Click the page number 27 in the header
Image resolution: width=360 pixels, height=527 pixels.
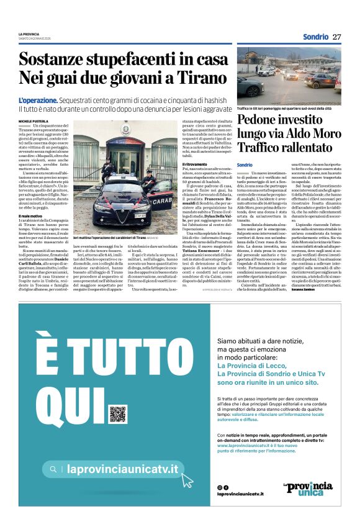(337, 37)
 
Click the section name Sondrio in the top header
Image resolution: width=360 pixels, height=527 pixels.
(315, 37)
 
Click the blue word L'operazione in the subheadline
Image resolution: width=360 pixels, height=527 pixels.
(38, 100)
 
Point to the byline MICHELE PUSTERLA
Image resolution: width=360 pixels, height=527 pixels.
(33, 120)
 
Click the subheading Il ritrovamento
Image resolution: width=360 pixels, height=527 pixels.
(194, 164)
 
